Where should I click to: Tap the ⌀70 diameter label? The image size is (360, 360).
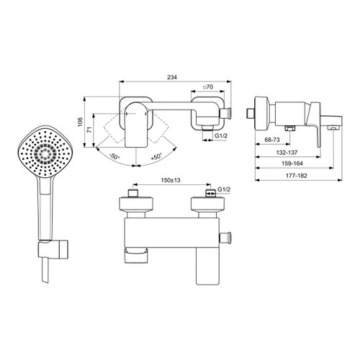208,86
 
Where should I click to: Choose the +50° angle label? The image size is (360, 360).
156,156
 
